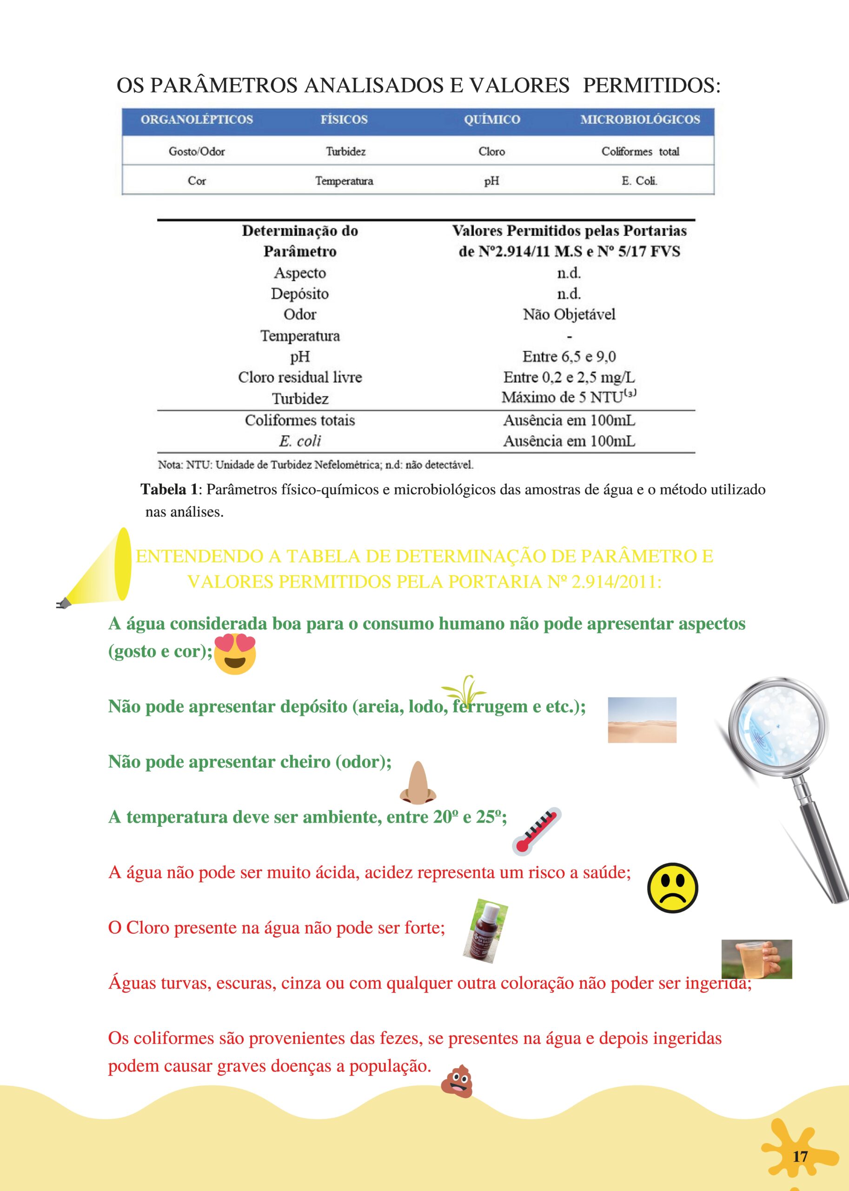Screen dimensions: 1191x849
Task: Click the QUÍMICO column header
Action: [x=491, y=119]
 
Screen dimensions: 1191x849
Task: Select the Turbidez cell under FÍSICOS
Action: [x=345, y=152]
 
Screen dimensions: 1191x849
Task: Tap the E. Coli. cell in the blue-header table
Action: [x=639, y=181]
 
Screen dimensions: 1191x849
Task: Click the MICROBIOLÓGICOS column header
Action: [x=639, y=119]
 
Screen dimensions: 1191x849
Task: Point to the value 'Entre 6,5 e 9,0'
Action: [x=569, y=357]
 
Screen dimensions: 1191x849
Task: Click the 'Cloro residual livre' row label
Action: [x=299, y=377]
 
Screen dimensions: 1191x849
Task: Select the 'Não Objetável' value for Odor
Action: [x=569, y=314]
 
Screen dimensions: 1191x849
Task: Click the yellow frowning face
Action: [x=672, y=888]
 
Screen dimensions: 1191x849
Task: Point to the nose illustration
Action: [x=417, y=783]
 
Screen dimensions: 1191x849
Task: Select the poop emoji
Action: [x=457, y=1080]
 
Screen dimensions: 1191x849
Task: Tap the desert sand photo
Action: [x=642, y=720]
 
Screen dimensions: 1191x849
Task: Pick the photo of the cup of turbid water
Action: [x=756, y=959]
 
